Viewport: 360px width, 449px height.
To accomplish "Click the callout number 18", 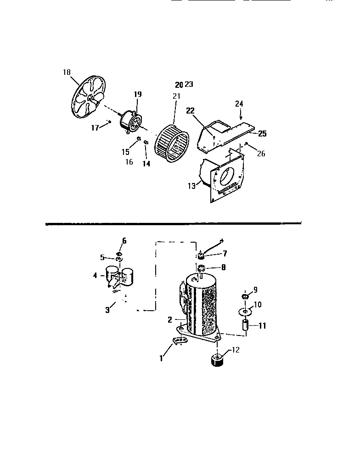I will click(67, 72).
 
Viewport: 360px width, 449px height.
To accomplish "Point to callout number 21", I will click(177, 96).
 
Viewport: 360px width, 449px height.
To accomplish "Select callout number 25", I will click(262, 134).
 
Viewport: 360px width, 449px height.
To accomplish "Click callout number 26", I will click(261, 153).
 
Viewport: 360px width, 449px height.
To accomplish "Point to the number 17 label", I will click(95, 128).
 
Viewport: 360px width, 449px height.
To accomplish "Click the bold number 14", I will click(146, 163).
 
